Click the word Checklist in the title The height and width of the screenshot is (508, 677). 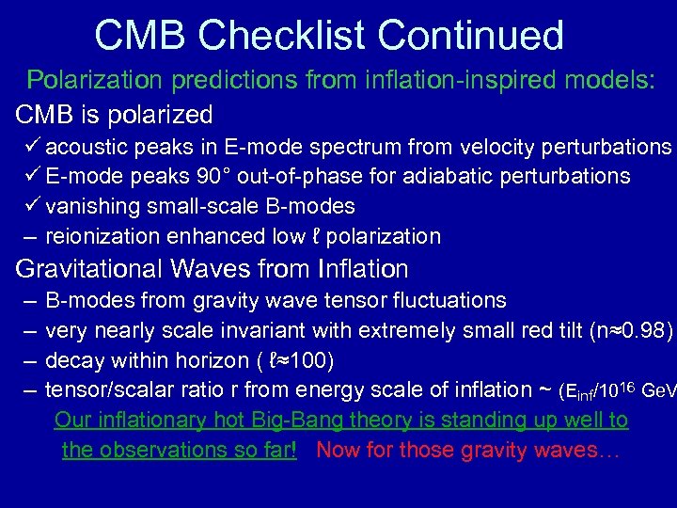point(288,35)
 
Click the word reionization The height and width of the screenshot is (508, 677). point(100,236)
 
